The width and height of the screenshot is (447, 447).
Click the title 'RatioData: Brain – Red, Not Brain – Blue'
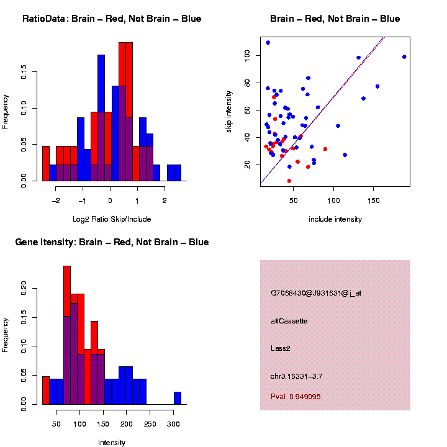[x=112, y=19]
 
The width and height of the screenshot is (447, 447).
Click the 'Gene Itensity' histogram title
[x=112, y=242]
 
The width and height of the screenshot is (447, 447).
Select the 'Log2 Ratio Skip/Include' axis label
[x=112, y=219]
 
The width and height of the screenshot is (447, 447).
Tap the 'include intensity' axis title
[x=335, y=219]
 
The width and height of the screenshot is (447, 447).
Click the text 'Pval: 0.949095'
[x=296, y=397]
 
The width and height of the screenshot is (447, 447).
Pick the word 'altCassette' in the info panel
[x=289, y=321]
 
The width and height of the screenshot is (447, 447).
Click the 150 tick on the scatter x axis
[x=374, y=201]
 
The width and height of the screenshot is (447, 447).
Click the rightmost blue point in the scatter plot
[x=404, y=57]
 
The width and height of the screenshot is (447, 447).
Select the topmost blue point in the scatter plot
[x=268, y=43]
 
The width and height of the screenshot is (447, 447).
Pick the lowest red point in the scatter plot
[x=289, y=181]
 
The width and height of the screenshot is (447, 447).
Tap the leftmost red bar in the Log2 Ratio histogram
[x=45, y=165]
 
